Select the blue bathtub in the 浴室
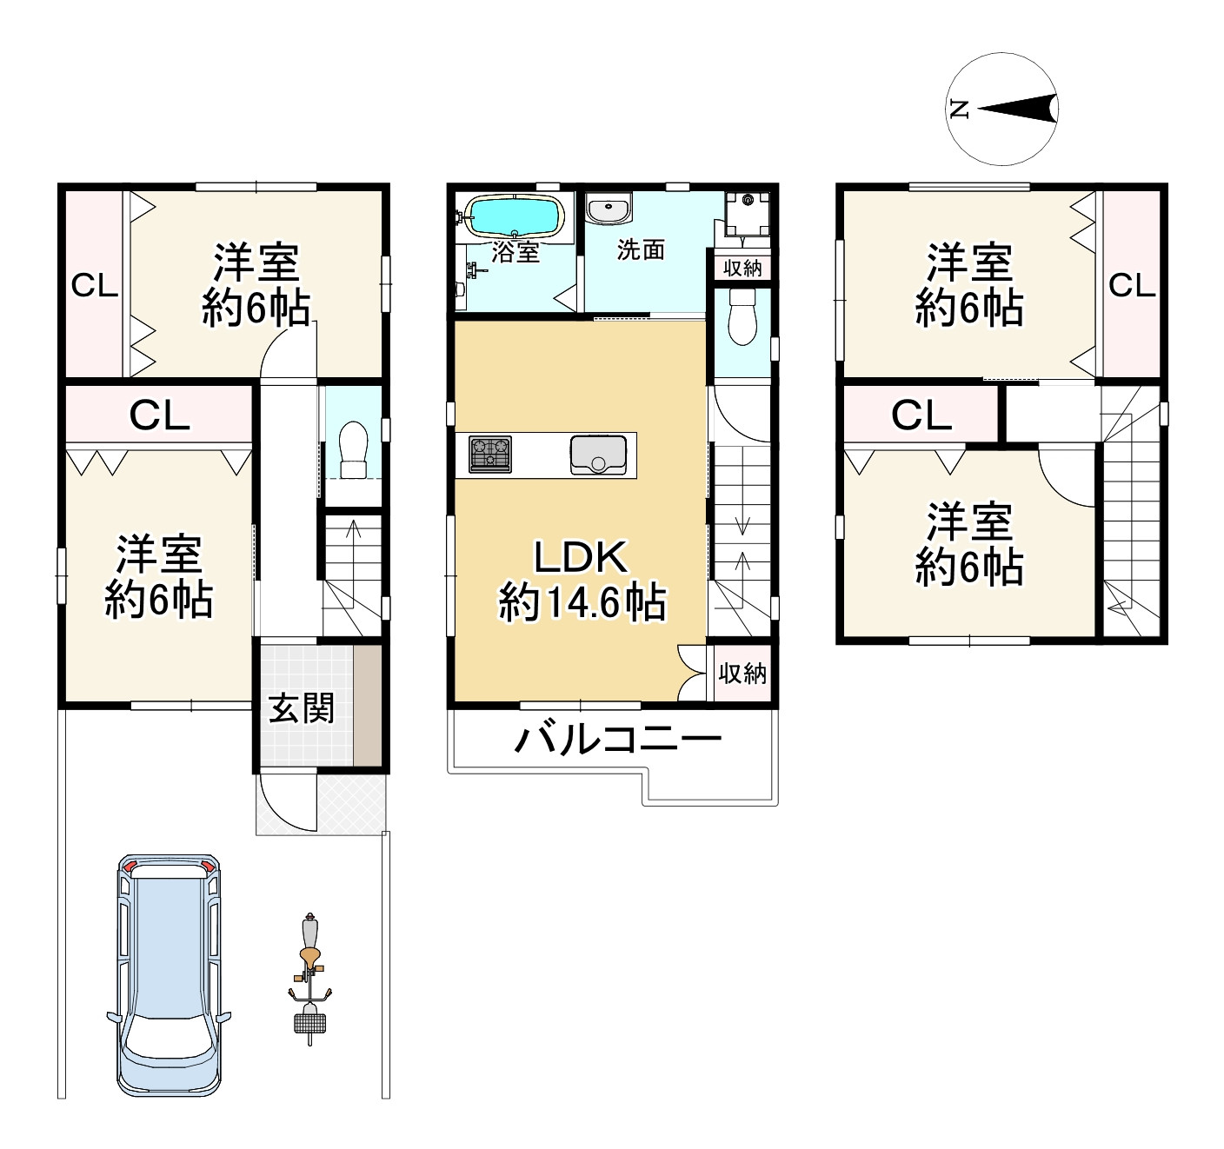click(x=514, y=216)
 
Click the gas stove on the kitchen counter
click(x=490, y=455)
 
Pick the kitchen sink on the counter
click(x=598, y=455)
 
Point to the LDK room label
click(x=581, y=556)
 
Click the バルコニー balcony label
click(x=617, y=739)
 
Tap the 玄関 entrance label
click(x=302, y=708)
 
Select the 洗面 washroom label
click(x=641, y=249)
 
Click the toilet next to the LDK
click(x=742, y=316)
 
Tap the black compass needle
click(x=1017, y=110)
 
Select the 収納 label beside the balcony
click(x=742, y=674)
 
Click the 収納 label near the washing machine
click(x=742, y=269)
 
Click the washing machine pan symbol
click(x=747, y=213)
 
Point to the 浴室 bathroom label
click(x=516, y=253)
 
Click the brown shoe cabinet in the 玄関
click(x=368, y=705)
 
